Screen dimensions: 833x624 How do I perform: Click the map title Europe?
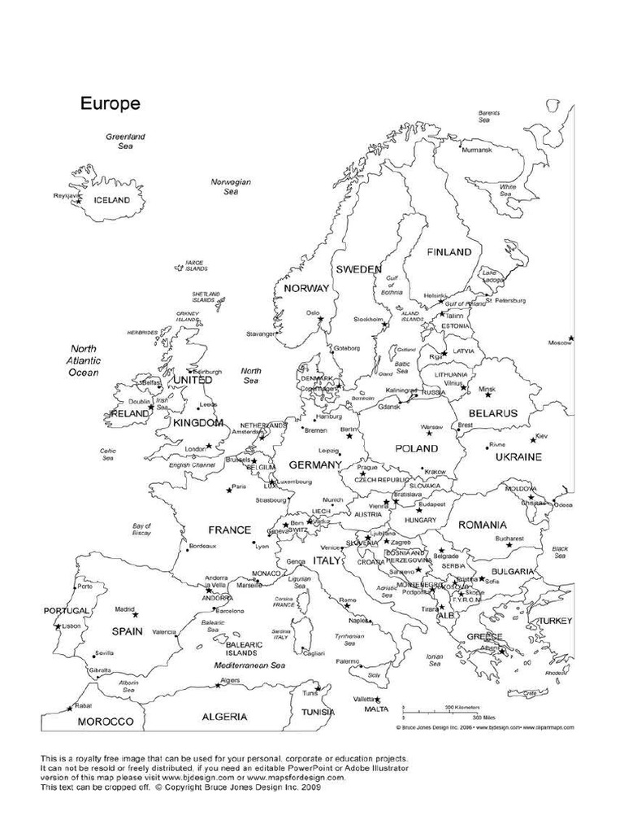110,104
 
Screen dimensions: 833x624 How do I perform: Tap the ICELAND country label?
112,199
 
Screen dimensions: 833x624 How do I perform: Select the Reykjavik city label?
66,195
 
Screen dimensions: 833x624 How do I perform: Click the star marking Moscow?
571,338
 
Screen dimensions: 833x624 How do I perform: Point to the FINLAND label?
449,252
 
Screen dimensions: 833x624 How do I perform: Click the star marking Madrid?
136,614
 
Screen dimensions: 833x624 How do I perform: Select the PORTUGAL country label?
67,610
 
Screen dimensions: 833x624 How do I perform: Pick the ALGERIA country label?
225,717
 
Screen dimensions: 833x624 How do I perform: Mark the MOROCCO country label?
105,722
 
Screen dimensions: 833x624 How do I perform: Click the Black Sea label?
560,552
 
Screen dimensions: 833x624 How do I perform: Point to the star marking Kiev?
534,439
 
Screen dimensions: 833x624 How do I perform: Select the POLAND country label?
416,448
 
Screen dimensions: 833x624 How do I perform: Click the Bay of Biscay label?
142,530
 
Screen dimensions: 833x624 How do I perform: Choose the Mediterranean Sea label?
249,665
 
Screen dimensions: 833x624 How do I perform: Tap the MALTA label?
376,709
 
